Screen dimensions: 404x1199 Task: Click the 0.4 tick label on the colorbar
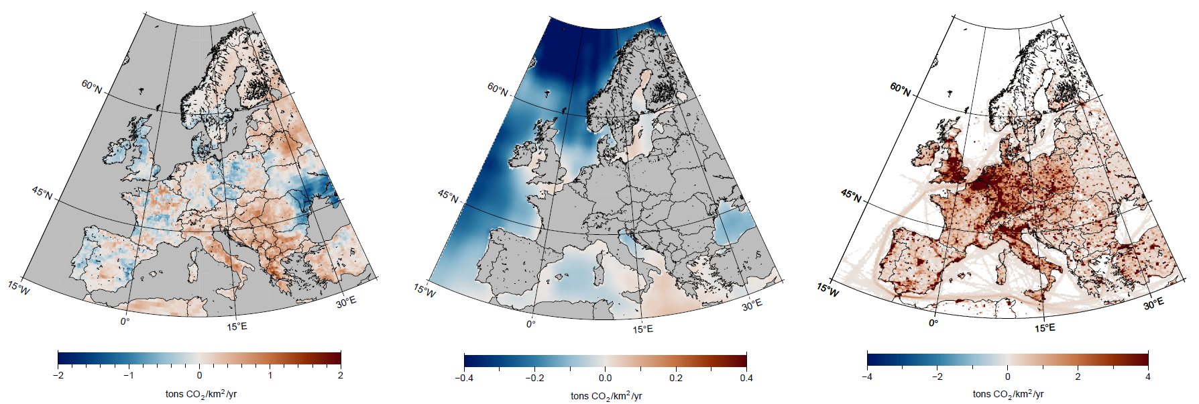pos(746,378)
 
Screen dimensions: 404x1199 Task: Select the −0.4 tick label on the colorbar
pos(464,378)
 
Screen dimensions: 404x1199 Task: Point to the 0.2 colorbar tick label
pos(675,378)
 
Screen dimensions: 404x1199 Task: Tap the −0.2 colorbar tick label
pos(534,378)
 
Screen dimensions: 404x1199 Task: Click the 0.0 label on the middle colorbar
pos(605,378)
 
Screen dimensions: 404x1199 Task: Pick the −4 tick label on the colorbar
pos(867,376)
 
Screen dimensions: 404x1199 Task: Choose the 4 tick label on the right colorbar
pos(1147,376)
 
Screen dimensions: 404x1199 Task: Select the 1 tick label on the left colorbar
pos(270,375)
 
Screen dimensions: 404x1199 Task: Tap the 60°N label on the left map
pos(92,87)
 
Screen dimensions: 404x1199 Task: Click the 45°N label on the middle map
pos(448,197)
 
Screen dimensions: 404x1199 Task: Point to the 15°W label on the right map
pos(827,290)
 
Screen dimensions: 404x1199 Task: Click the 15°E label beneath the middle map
pos(642,329)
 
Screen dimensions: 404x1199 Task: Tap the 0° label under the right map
pos(933,323)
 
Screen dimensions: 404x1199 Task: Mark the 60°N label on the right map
pos(901,89)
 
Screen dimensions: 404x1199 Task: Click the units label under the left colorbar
pos(201,394)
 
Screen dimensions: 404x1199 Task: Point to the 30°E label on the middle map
pos(752,305)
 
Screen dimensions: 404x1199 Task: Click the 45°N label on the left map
pos(42,193)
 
